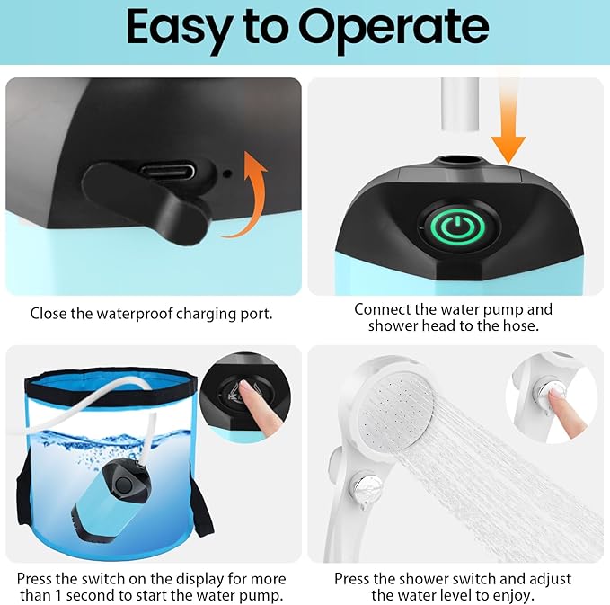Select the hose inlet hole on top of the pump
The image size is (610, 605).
coord(457,164)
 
